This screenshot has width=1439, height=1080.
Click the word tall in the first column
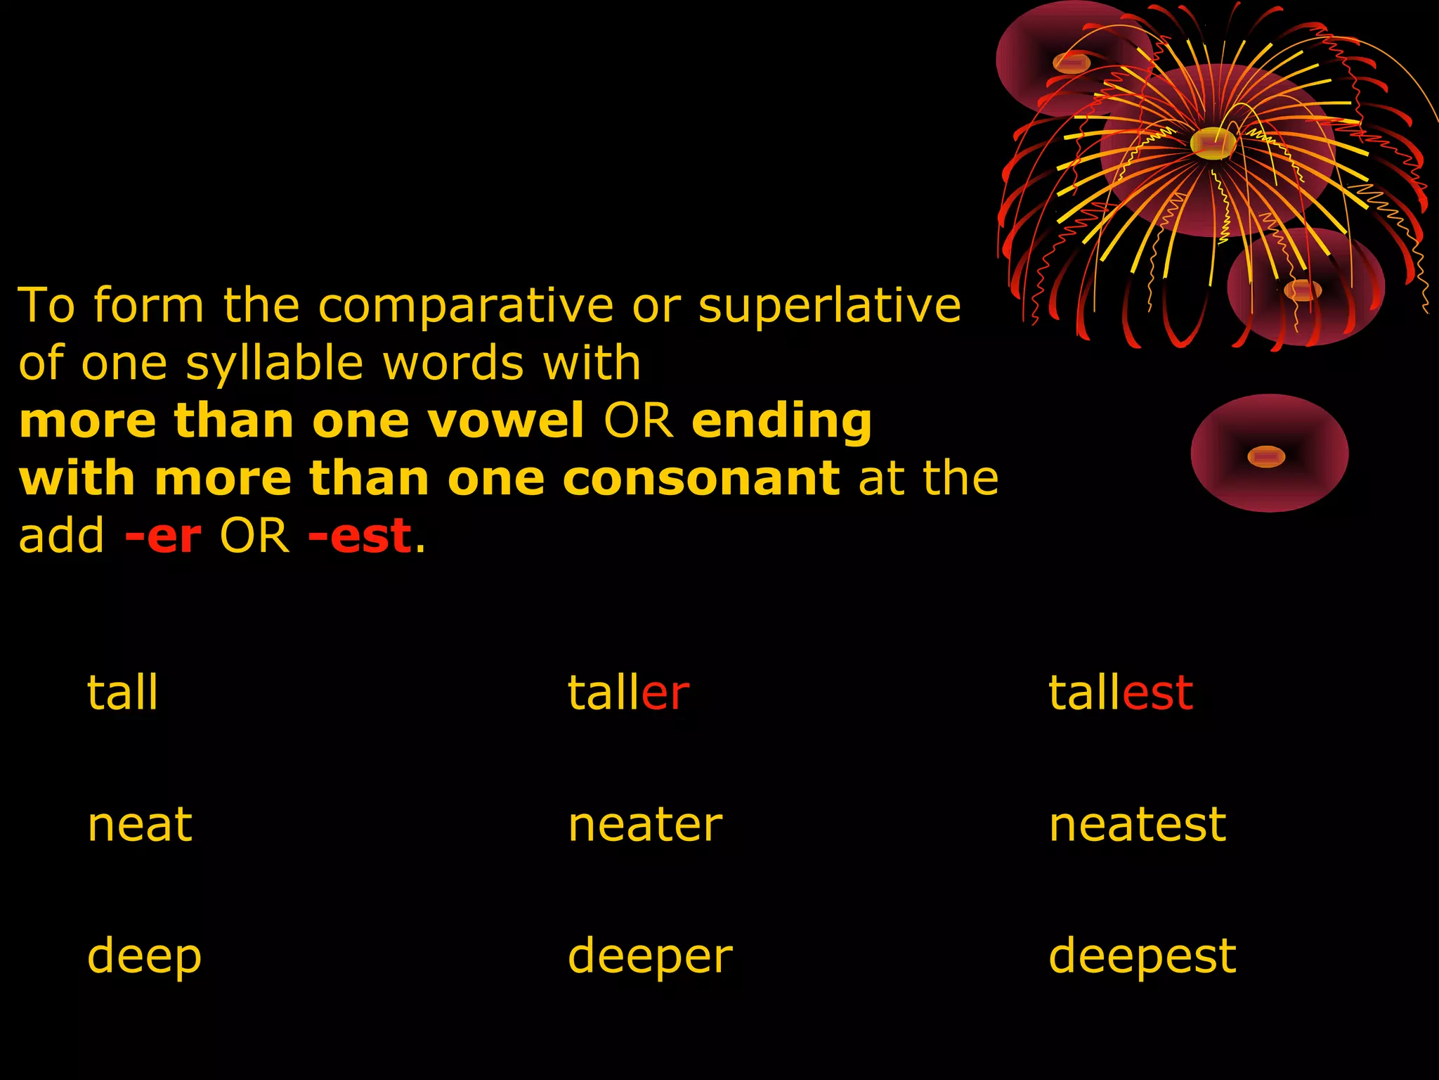tap(122, 693)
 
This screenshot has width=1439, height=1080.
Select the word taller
tap(628, 693)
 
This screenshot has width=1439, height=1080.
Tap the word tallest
tap(1120, 693)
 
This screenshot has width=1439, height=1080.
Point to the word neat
tap(139, 824)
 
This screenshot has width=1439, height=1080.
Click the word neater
tap(644, 824)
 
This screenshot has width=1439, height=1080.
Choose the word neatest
tap(1137, 824)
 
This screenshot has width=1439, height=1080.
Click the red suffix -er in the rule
tap(163, 536)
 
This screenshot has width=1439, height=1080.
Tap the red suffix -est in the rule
tap(360, 536)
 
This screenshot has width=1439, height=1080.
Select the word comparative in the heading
tap(466, 307)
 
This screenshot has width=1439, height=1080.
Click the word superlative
tap(829, 307)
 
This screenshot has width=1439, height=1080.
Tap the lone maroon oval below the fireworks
tap(1269, 453)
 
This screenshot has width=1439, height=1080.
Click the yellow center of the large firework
tap(1213, 143)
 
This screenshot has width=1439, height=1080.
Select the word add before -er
tap(61, 536)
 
